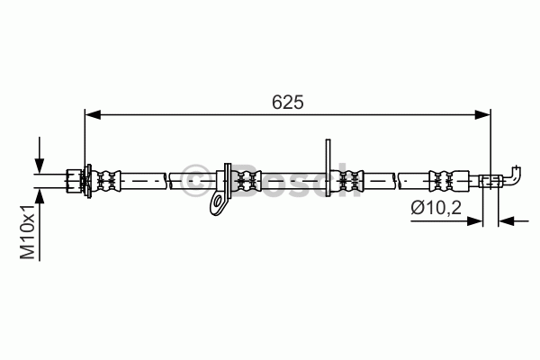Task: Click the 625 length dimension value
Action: (x=288, y=102)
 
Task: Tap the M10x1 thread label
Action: (x=28, y=231)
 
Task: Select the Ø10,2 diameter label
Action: (x=436, y=207)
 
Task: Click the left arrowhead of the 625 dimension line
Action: (x=93, y=114)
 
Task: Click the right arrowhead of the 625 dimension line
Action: (x=482, y=114)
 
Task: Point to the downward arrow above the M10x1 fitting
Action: (x=40, y=155)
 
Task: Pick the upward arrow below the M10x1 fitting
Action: (x=40, y=224)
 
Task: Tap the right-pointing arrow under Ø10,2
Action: (x=446, y=220)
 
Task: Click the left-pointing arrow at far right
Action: (x=514, y=220)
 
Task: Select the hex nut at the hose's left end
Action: (x=74, y=181)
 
